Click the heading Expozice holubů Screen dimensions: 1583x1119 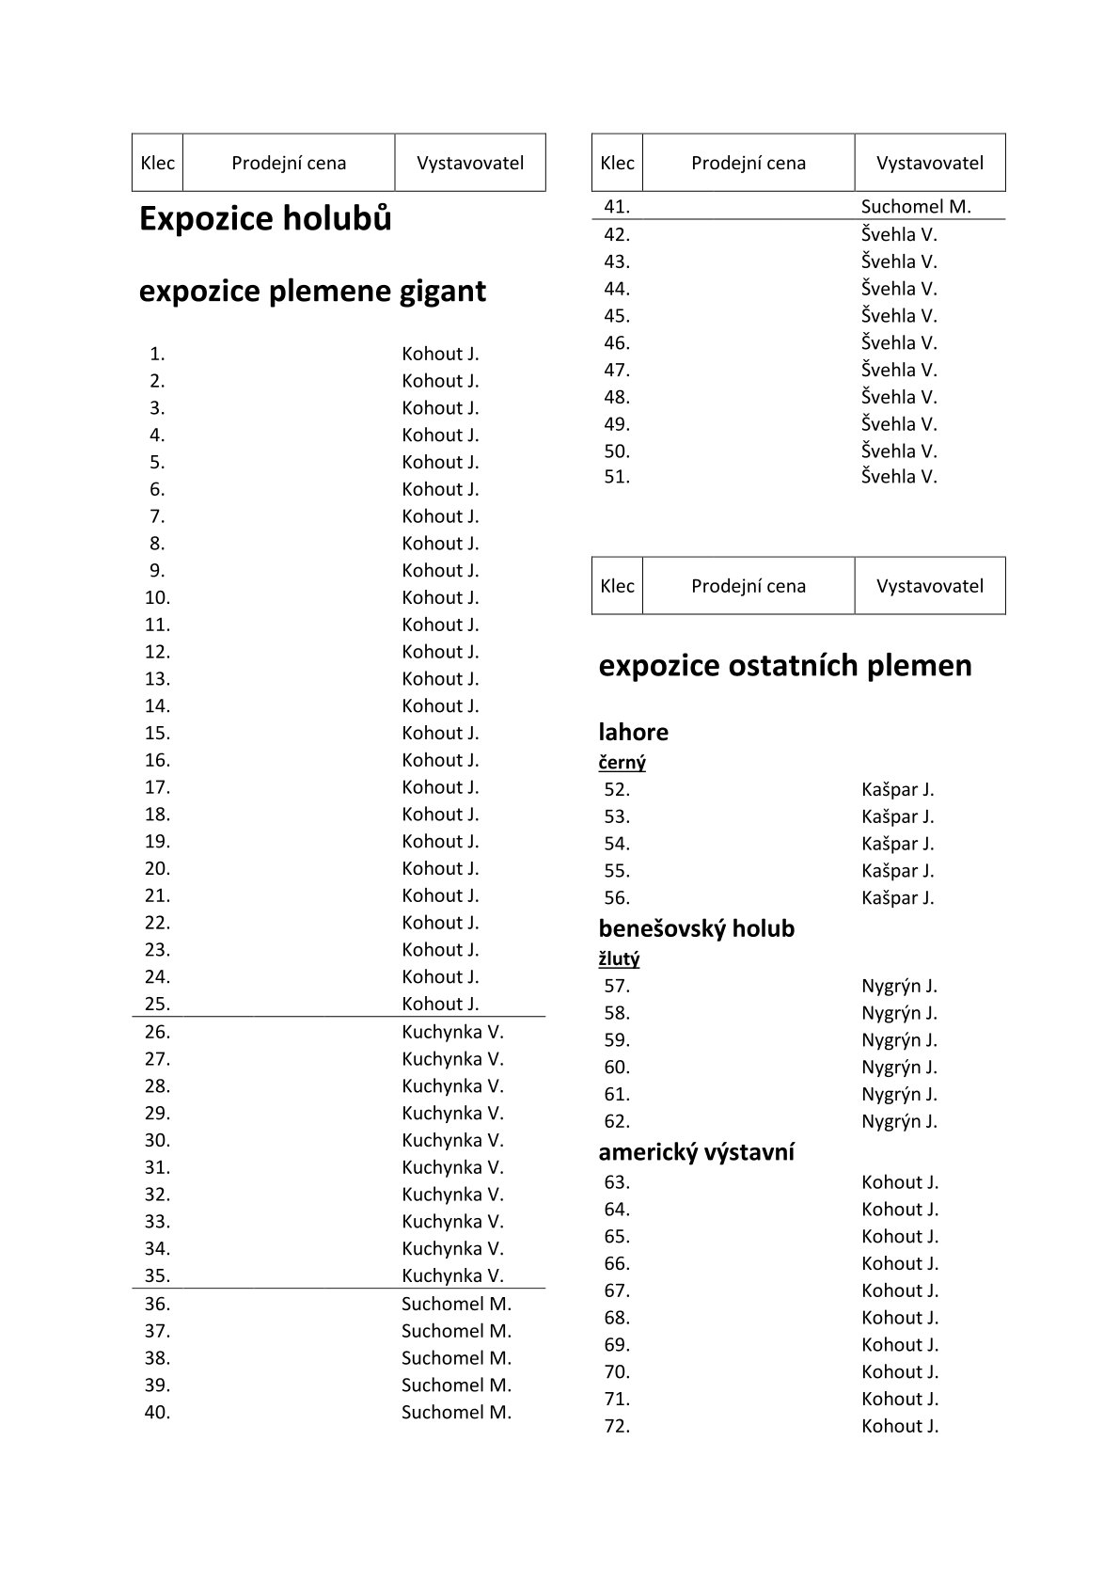(x=265, y=219)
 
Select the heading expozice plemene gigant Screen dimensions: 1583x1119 (x=312, y=292)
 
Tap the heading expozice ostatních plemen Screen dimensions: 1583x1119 (x=784, y=666)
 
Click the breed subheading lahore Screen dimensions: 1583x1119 (x=633, y=732)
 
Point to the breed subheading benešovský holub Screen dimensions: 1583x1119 (x=696, y=928)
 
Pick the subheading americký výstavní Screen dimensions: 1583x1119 (x=696, y=1152)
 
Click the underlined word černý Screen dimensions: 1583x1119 (x=622, y=763)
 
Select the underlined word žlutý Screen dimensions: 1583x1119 (x=619, y=959)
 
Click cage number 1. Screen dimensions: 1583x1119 (x=157, y=355)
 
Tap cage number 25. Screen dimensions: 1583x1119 (x=157, y=1005)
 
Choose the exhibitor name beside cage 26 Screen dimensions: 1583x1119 (x=452, y=1032)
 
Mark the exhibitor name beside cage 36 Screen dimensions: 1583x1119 (x=456, y=1304)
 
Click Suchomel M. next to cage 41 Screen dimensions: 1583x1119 (x=916, y=207)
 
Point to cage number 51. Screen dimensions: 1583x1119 (x=617, y=477)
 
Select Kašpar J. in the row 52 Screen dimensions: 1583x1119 (x=897, y=790)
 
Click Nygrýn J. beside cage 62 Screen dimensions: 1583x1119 (x=899, y=1121)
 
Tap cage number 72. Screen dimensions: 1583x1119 (x=617, y=1426)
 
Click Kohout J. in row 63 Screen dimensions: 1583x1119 (x=900, y=1182)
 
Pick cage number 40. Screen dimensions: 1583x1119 (x=157, y=1412)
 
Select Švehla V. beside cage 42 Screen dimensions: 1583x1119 (x=899, y=234)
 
